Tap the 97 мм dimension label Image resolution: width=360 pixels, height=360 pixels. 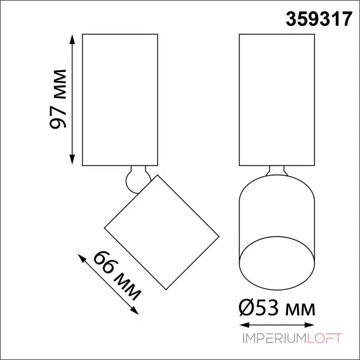coord(58,99)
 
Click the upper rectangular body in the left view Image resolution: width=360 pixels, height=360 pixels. coord(120,99)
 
